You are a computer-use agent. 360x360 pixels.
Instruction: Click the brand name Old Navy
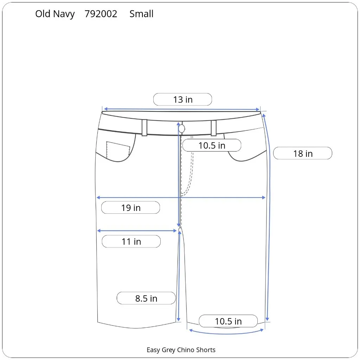click(x=55, y=14)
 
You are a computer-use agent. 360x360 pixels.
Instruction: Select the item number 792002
click(x=101, y=14)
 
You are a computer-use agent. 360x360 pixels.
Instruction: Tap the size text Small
click(x=141, y=14)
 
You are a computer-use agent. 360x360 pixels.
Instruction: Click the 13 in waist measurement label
click(x=182, y=99)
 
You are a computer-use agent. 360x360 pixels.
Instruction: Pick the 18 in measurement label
click(x=302, y=153)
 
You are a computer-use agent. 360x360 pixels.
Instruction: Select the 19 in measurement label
click(x=130, y=208)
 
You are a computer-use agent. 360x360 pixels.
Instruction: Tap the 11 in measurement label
click(x=131, y=242)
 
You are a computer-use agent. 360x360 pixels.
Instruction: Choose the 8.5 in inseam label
click(x=146, y=298)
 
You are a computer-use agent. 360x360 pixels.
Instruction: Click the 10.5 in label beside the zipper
click(x=212, y=145)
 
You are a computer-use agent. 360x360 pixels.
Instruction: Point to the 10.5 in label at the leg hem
click(x=228, y=321)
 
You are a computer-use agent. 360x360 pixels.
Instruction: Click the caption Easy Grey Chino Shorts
click(x=181, y=350)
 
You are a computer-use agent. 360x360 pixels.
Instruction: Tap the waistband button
click(x=182, y=129)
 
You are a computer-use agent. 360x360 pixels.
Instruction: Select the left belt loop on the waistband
click(x=144, y=128)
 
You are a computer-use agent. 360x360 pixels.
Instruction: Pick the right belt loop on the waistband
click(x=213, y=128)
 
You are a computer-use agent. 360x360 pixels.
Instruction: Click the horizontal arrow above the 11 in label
click(x=136, y=231)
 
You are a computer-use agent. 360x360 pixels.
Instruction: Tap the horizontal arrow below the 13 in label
click(x=181, y=109)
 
